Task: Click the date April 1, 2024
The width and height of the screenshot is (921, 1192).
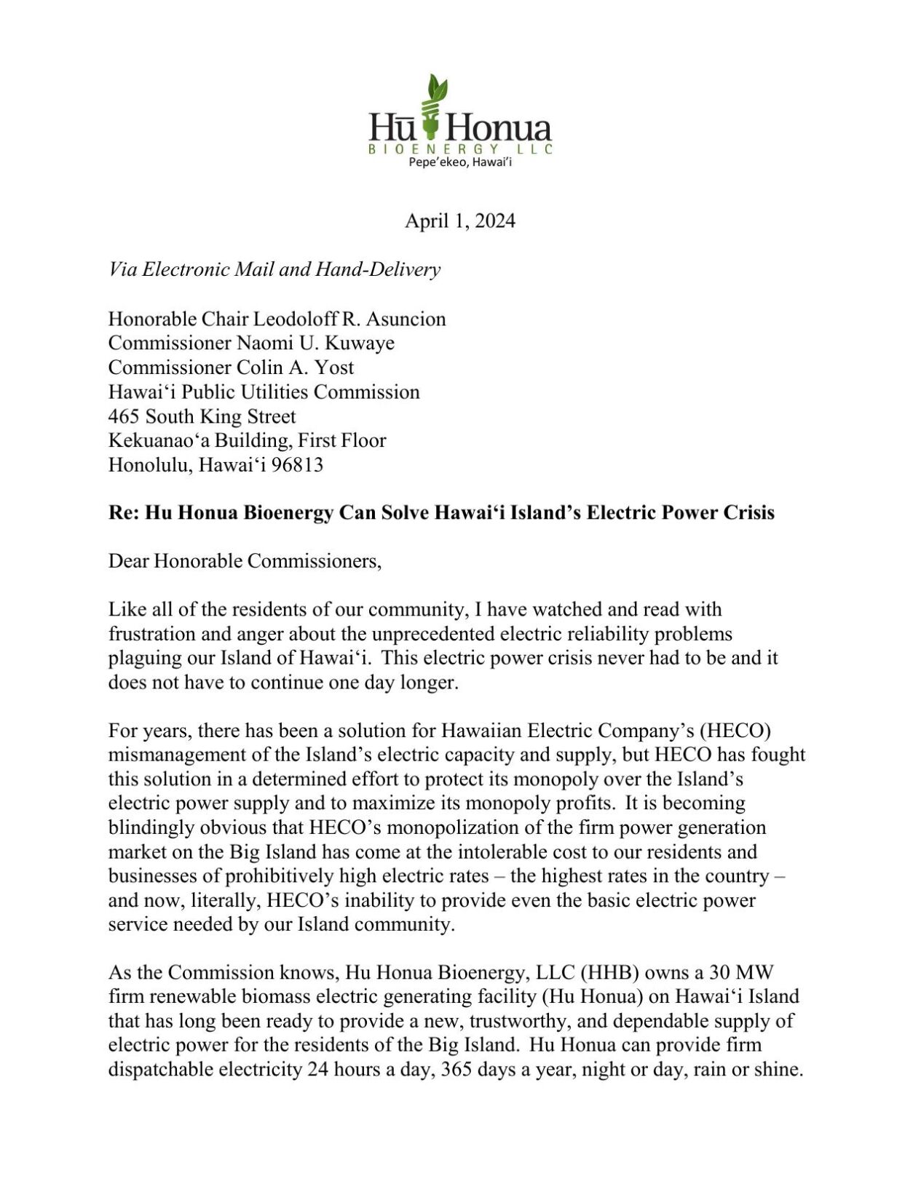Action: pos(459,220)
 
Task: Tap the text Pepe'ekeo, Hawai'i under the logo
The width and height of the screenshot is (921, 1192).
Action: pos(460,162)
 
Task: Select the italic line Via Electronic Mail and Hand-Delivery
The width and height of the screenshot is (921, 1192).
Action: pos(274,269)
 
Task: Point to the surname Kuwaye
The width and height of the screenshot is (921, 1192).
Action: pos(363,343)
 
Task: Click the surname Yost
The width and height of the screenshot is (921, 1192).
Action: pos(334,367)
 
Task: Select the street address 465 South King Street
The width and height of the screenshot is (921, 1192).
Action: pos(202,416)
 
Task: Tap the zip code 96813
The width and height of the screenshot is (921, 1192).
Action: pos(296,464)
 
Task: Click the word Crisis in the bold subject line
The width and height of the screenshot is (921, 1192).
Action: pos(748,512)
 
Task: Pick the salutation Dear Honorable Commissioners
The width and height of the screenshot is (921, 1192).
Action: pos(245,561)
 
